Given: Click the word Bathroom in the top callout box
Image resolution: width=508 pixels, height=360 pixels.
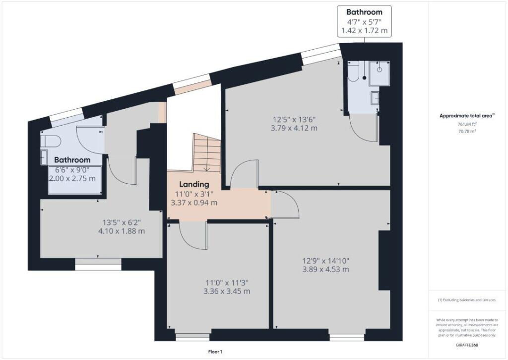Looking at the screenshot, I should click(x=364, y=12).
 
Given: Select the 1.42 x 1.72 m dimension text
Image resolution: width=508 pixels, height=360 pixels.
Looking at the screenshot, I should click(x=364, y=31).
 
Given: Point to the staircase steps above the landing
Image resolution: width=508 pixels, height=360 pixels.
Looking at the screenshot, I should click(x=205, y=154).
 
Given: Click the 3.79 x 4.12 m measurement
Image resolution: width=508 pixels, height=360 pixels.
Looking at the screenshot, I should click(x=294, y=128).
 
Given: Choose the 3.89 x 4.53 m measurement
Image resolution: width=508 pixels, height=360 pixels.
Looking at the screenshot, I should click(x=326, y=270).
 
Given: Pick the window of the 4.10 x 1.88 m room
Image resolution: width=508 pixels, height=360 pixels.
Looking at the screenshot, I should click(x=98, y=267).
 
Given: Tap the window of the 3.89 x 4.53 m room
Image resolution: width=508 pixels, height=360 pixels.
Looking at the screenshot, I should click(x=347, y=337).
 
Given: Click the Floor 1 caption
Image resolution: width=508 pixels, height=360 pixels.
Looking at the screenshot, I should click(x=215, y=352).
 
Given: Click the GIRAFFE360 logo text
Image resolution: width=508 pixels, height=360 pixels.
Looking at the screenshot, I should click(x=466, y=344).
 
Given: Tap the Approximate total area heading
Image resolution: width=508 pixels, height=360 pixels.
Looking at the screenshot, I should click(x=466, y=116).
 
